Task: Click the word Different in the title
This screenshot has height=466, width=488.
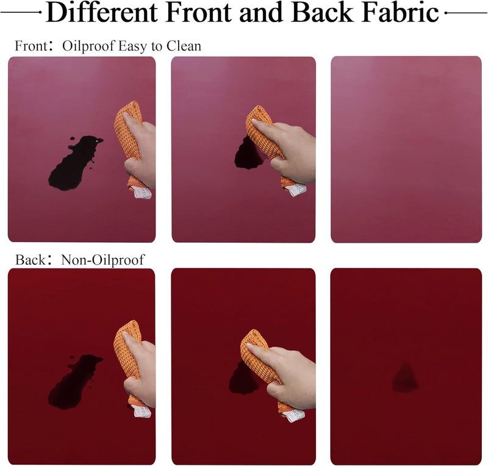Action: [x=101, y=12]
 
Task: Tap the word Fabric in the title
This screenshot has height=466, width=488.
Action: [x=400, y=12]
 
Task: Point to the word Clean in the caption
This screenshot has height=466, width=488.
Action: [x=184, y=46]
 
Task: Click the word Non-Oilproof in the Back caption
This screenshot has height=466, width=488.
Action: [x=103, y=260]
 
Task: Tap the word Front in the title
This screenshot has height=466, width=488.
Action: [x=198, y=12]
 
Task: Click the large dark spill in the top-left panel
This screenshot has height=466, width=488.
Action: [x=74, y=163]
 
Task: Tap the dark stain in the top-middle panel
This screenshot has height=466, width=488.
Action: [x=248, y=154]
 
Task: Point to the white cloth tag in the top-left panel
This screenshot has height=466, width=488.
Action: [x=142, y=192]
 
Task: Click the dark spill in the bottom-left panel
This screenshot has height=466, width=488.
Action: [x=74, y=382]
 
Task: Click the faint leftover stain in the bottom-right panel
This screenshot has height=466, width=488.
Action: [x=405, y=377]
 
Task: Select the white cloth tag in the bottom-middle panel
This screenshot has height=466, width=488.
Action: [x=295, y=416]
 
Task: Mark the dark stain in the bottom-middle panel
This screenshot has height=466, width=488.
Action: [x=243, y=378]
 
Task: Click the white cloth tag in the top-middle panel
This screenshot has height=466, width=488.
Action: [x=296, y=190]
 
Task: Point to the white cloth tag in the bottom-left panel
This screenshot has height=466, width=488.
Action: [x=142, y=412]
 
